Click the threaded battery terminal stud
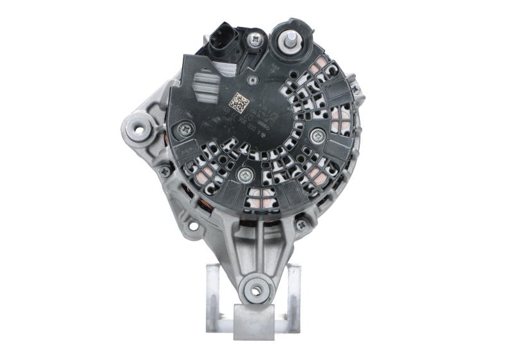(290, 39)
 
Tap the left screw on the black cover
(187, 129)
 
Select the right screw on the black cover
(317, 135)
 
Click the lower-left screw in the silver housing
(165, 171)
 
